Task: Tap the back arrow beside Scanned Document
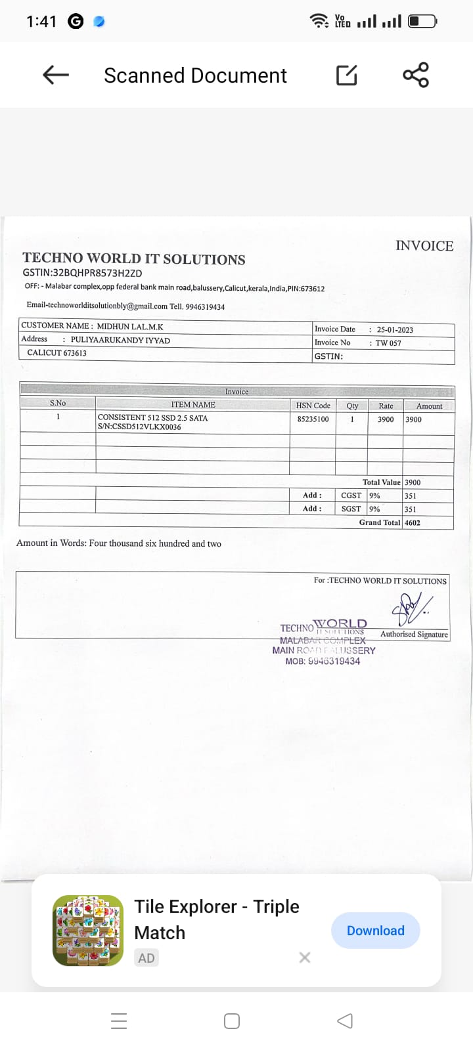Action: click(x=56, y=75)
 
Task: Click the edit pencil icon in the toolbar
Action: click(x=347, y=75)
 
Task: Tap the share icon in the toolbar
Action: click(x=416, y=75)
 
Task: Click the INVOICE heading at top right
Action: click(x=424, y=246)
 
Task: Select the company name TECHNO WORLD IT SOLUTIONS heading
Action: click(x=134, y=259)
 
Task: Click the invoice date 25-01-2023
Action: click(x=395, y=330)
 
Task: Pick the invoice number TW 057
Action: click(x=388, y=343)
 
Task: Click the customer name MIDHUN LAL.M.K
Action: click(x=130, y=327)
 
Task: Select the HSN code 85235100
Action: click(x=313, y=419)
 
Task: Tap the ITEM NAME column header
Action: click(x=193, y=405)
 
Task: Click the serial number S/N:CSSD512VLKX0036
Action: click(x=139, y=427)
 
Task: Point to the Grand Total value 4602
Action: click(x=413, y=523)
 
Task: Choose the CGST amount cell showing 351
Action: click(x=410, y=496)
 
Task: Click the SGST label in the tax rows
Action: click(x=351, y=509)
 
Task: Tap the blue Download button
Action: click(x=375, y=931)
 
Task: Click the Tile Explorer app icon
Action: click(x=88, y=931)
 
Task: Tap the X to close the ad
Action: click(x=304, y=957)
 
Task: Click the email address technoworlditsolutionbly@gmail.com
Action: click(x=97, y=306)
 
